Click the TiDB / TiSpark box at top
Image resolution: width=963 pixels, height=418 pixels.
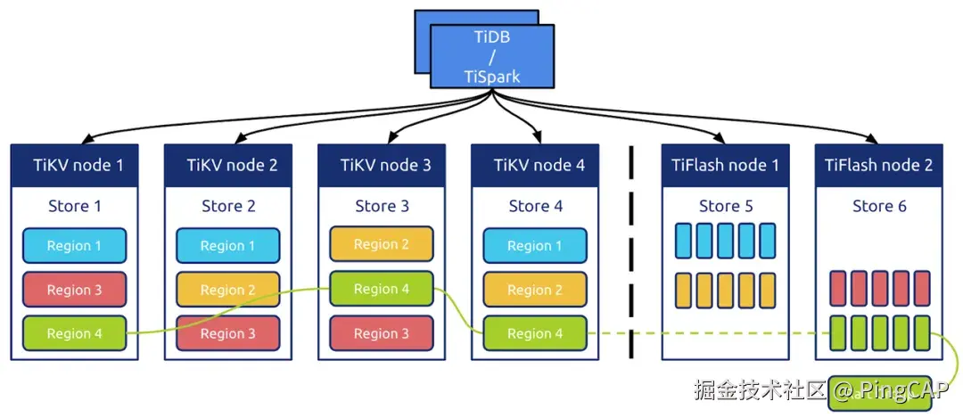coord(492,56)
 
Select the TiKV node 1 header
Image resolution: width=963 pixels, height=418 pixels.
coord(74,165)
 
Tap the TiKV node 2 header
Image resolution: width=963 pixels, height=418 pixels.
coord(228,165)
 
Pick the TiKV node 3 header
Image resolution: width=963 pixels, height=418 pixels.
coord(382,165)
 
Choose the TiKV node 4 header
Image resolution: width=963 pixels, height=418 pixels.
coord(535,165)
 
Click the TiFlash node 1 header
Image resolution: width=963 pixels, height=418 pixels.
coord(725,165)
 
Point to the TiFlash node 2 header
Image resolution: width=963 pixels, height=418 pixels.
coord(878,165)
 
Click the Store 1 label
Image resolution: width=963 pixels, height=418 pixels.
coord(74,207)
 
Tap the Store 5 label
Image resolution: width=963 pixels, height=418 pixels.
coord(725,207)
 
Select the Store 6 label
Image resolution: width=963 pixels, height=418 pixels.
coord(878,207)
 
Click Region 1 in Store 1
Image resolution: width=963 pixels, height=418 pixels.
coord(74,246)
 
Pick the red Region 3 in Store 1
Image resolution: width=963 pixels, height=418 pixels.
coord(74,290)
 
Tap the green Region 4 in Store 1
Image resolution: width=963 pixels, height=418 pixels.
coord(74,333)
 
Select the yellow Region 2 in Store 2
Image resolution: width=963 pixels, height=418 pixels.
coord(228,290)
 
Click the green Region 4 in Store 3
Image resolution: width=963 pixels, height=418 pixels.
coord(382,289)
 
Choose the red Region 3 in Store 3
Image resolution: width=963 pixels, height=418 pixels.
coord(382,333)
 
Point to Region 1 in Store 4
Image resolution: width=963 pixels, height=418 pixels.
coord(535,246)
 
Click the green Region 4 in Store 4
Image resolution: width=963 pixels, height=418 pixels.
coord(535,333)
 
